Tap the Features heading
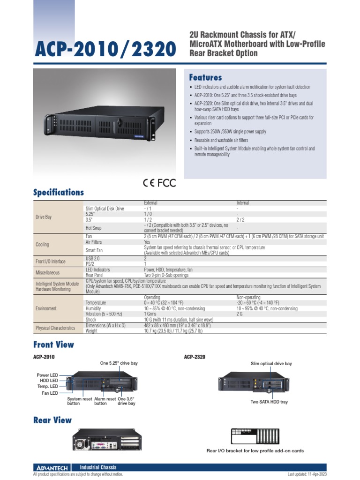click(x=205, y=77)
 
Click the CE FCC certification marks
click(x=159, y=183)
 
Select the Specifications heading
click(x=59, y=192)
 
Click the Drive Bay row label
click(x=44, y=217)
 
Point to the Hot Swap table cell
click(x=93, y=228)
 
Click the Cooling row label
click(x=42, y=245)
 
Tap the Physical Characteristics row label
click(x=56, y=328)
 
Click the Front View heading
click(x=53, y=345)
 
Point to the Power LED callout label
click(x=47, y=375)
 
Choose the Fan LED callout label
click(x=50, y=393)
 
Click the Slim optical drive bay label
click(x=271, y=363)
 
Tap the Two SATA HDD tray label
click(x=269, y=402)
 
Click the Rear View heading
click(x=52, y=420)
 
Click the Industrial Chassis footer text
click(x=98, y=467)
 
